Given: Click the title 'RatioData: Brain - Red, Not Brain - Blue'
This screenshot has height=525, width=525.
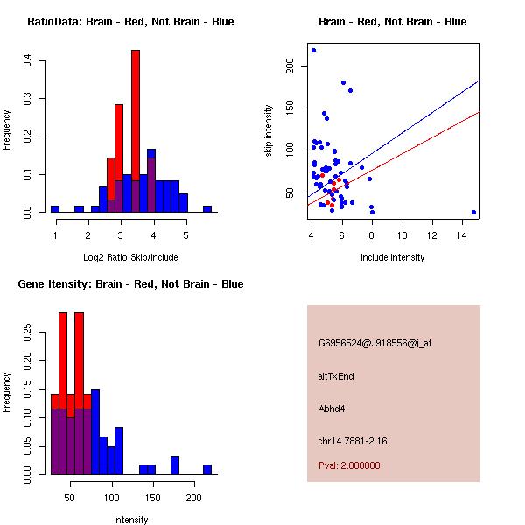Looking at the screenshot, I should pos(130,22).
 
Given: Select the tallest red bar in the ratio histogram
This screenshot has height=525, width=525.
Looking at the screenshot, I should pos(136,131).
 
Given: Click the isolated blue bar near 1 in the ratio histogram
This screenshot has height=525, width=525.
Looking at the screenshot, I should pos(55,209).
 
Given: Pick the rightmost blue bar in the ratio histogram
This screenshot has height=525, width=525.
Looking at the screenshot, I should pos(207,209).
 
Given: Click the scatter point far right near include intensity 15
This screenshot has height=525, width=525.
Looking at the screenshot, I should pos(473,212).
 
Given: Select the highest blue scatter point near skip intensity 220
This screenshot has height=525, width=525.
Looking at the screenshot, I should pos(313,51).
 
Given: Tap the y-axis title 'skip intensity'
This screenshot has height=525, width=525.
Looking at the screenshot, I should pos(269,130).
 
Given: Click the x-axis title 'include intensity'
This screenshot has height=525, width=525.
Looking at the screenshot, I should pos(392,257).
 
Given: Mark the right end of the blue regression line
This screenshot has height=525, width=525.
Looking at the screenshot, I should pos(479,80).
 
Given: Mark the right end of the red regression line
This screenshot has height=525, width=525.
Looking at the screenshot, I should pos(479,112).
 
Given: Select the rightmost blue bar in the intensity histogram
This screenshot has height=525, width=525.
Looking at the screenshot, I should pos(207,470).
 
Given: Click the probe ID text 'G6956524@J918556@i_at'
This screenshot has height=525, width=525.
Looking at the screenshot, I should pos(374,343).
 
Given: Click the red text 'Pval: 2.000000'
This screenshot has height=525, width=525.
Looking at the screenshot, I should pos(349,465).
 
